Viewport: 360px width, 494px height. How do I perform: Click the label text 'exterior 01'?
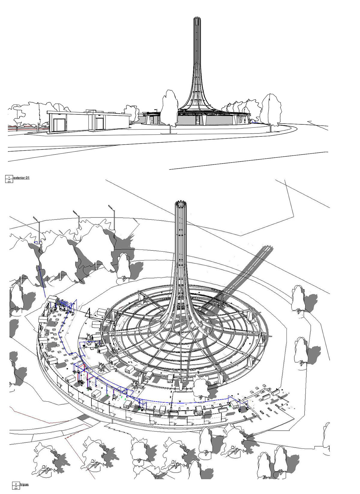(x=22, y=178)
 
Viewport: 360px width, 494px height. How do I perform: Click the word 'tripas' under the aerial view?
(x=25, y=484)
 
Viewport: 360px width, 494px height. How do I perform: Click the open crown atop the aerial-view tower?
(x=181, y=204)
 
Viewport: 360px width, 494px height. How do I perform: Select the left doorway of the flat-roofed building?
(x=58, y=125)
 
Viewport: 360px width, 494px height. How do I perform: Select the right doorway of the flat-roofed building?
(x=99, y=123)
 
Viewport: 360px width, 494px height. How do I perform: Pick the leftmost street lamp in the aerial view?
(x=37, y=223)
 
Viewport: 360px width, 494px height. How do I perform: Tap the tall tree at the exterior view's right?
(x=271, y=109)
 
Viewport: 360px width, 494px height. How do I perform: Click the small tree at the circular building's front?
(x=200, y=387)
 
